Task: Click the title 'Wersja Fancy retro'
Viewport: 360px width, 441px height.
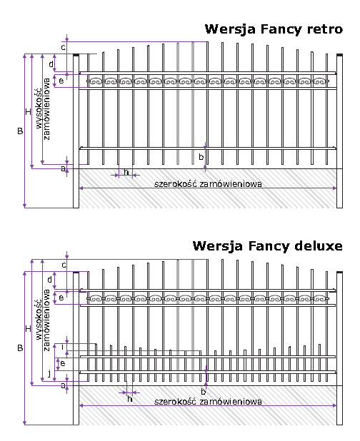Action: tap(274, 29)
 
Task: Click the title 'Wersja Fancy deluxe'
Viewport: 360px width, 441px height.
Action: tap(268, 246)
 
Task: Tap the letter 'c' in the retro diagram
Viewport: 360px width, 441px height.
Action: tap(64, 47)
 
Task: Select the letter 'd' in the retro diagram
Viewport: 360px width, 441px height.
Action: tap(51, 64)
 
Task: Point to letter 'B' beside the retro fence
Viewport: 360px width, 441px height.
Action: tap(20, 131)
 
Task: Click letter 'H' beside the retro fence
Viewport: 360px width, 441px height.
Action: tap(28, 112)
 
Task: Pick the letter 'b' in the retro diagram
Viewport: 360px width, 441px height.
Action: tap(201, 157)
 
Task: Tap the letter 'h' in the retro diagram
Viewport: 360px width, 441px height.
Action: tap(126, 172)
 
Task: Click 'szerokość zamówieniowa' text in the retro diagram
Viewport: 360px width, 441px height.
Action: tap(208, 184)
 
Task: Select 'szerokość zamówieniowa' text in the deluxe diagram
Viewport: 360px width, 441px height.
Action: tap(208, 401)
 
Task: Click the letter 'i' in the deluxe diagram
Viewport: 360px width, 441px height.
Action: tap(62, 347)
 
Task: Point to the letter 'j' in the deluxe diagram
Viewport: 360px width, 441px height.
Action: tap(49, 374)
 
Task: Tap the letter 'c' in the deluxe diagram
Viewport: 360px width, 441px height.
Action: tap(64, 265)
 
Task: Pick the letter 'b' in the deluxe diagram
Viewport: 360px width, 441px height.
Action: tap(204, 391)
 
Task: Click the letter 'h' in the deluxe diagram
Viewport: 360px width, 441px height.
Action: tap(130, 399)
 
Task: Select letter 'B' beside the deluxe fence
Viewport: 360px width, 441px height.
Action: tap(20, 348)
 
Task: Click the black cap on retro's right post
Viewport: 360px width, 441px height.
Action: tap(340, 55)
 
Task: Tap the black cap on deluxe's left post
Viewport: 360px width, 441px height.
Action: tap(76, 273)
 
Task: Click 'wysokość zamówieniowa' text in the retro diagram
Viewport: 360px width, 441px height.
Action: tap(43, 109)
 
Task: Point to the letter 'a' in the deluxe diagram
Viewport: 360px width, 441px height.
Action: tap(64, 385)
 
